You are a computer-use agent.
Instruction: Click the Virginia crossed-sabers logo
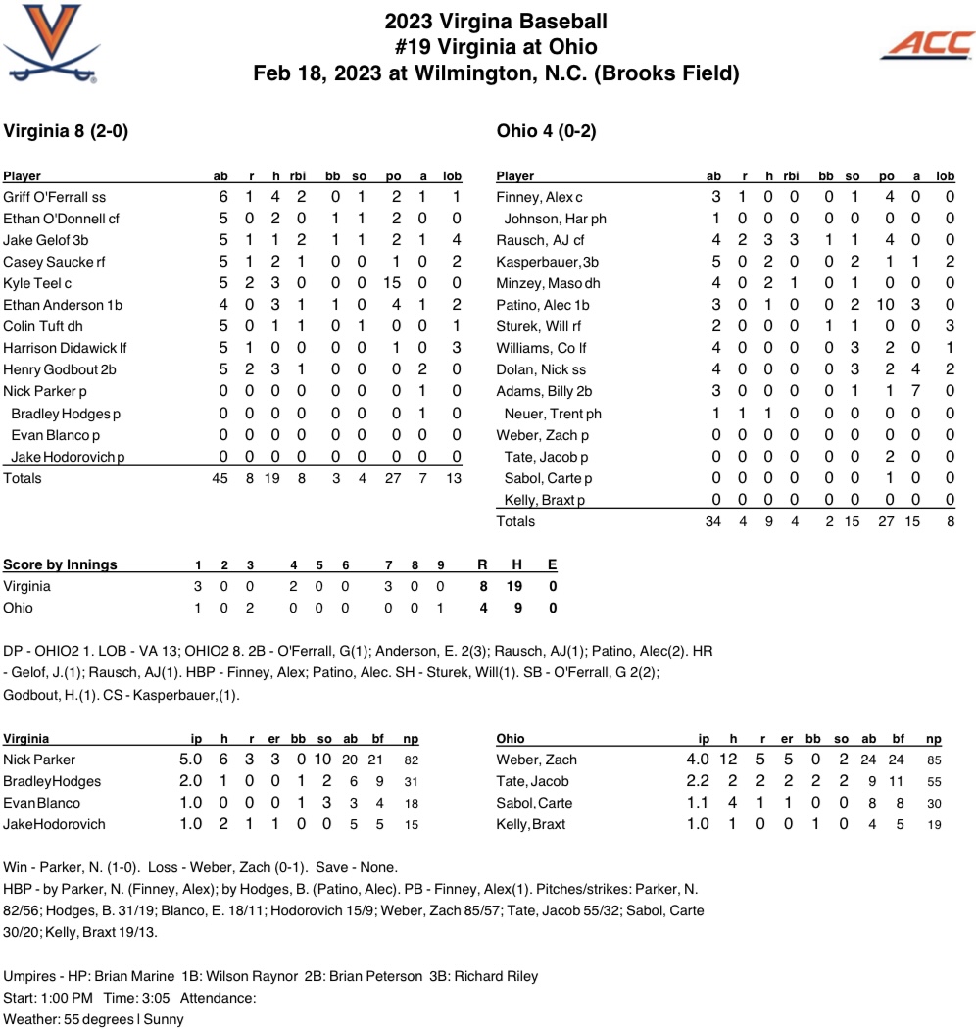click(x=50, y=42)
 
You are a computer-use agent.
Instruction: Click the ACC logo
click(x=927, y=44)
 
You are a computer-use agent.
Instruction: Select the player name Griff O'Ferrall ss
click(x=55, y=197)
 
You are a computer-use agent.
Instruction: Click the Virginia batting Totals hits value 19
click(x=273, y=478)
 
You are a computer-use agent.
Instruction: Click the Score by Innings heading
click(x=61, y=564)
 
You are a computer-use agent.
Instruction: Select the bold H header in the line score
click(x=518, y=564)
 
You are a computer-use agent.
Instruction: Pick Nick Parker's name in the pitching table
click(x=40, y=759)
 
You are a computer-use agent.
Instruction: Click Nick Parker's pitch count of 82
click(x=412, y=759)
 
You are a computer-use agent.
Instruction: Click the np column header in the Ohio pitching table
click(x=933, y=739)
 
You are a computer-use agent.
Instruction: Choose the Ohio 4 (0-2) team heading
click(x=547, y=131)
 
